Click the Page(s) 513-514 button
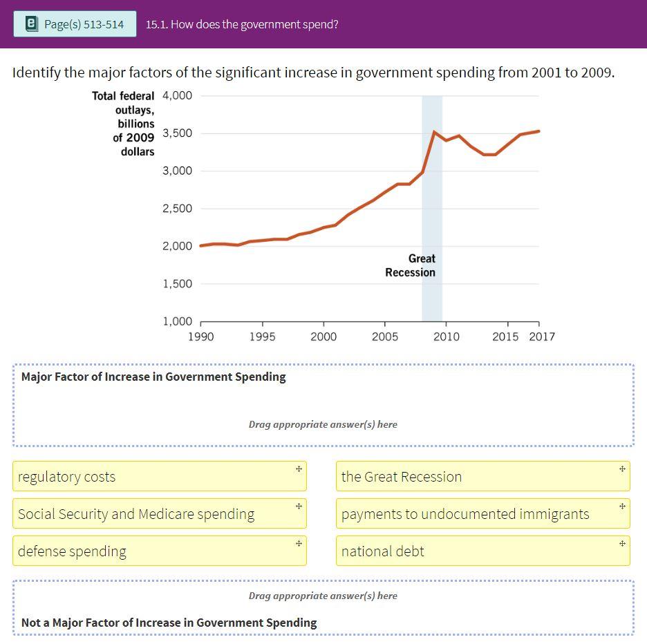(x=75, y=24)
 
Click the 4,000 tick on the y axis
(x=177, y=95)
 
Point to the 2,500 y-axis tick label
(x=177, y=209)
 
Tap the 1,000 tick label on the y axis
(x=177, y=321)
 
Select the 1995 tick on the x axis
(x=262, y=337)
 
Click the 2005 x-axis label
(x=385, y=337)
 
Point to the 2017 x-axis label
(x=542, y=337)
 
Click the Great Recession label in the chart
(x=411, y=265)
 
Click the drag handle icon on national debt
(x=622, y=543)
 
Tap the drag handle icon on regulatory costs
(x=299, y=468)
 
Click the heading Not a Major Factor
(x=169, y=623)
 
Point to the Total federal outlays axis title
(x=123, y=123)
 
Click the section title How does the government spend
(x=242, y=24)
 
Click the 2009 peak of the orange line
(x=433, y=131)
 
